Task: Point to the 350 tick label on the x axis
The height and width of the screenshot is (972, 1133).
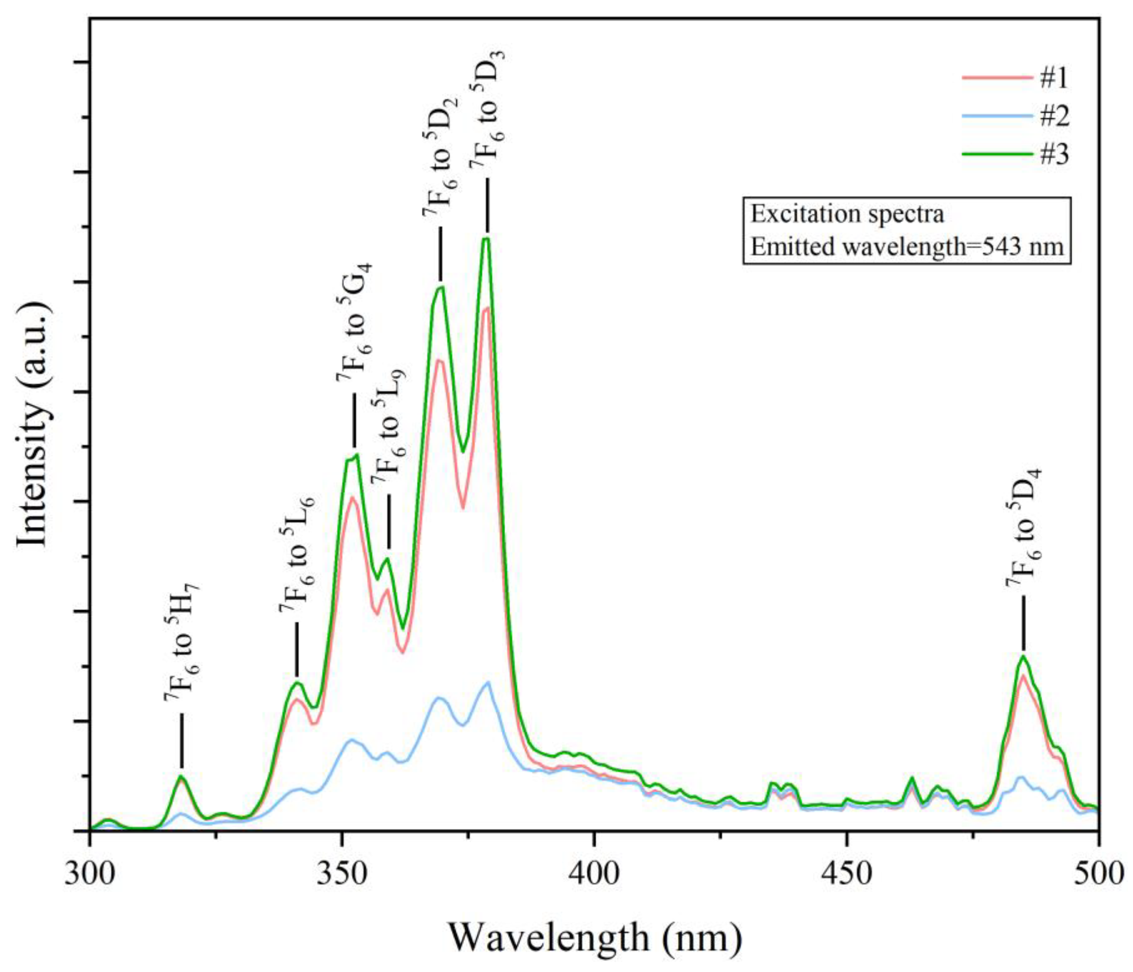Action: (x=342, y=873)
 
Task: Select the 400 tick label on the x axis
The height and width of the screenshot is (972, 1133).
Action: (x=594, y=873)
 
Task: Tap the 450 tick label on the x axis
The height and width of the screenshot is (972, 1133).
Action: (x=846, y=873)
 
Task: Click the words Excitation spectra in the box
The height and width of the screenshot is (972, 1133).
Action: (x=847, y=214)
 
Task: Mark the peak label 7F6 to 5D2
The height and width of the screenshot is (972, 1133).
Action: (x=441, y=157)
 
